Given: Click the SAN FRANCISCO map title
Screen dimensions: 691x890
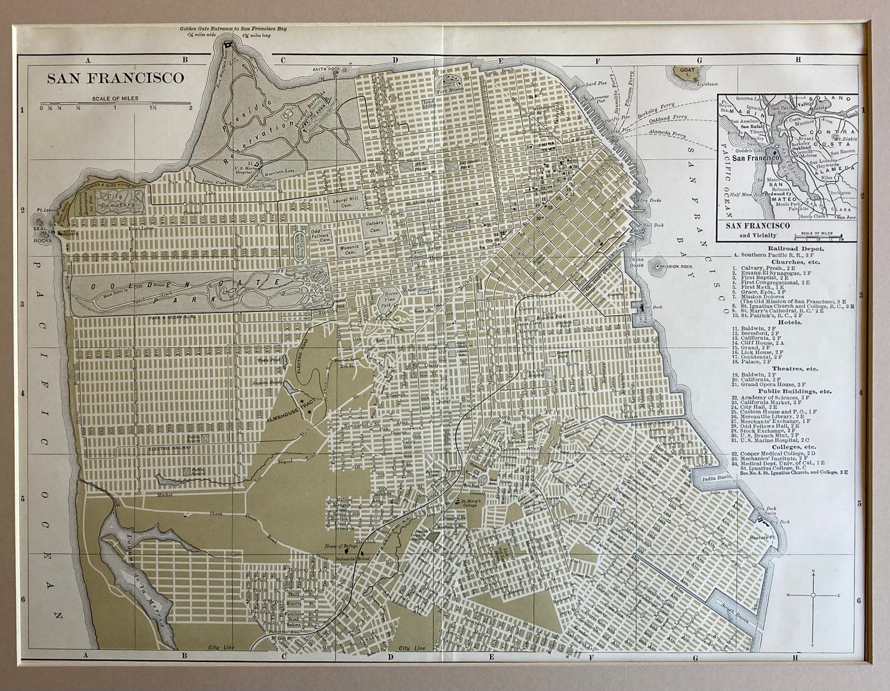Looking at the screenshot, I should [x=115, y=78].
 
